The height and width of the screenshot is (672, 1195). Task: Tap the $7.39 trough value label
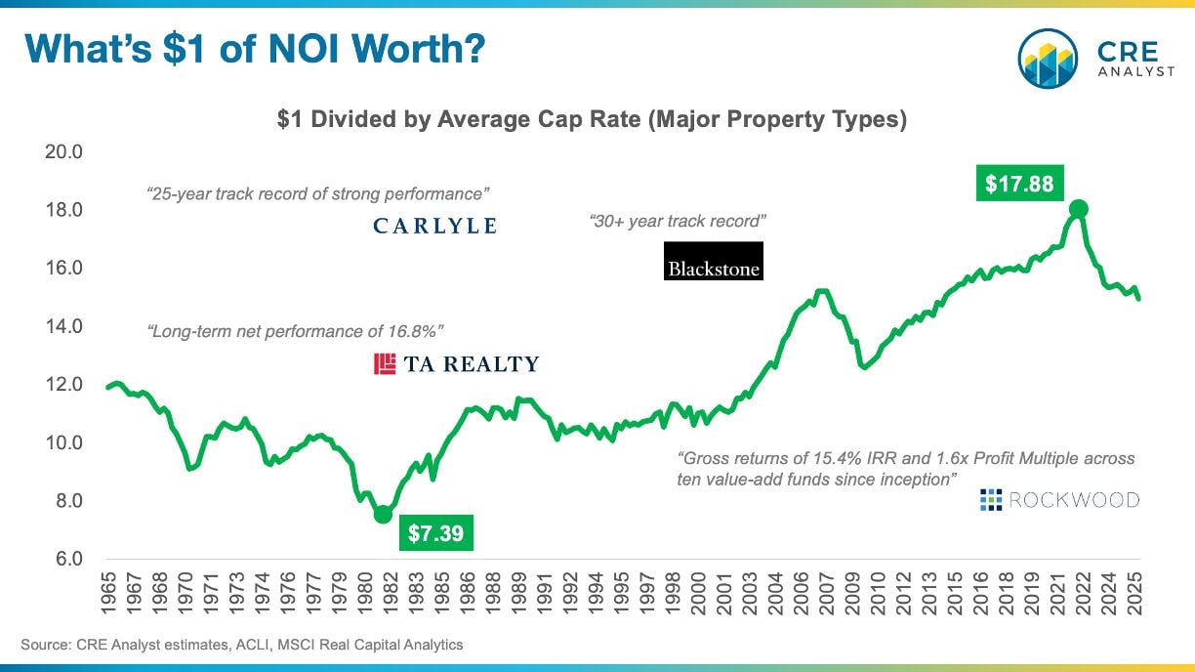tap(435, 533)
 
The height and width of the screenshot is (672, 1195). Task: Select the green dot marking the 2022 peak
tap(1079, 209)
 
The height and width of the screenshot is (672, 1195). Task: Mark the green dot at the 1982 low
tap(383, 514)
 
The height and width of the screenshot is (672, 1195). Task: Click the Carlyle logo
tap(435, 227)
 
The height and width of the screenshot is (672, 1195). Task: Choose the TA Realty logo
tap(456, 364)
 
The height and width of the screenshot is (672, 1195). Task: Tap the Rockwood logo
tap(1059, 500)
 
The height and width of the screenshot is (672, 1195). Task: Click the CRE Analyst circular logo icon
tap(1047, 59)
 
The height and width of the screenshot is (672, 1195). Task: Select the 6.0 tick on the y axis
tap(66, 560)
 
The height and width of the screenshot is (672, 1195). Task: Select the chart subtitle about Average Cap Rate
tap(592, 120)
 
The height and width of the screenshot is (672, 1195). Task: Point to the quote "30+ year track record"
tap(678, 222)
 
